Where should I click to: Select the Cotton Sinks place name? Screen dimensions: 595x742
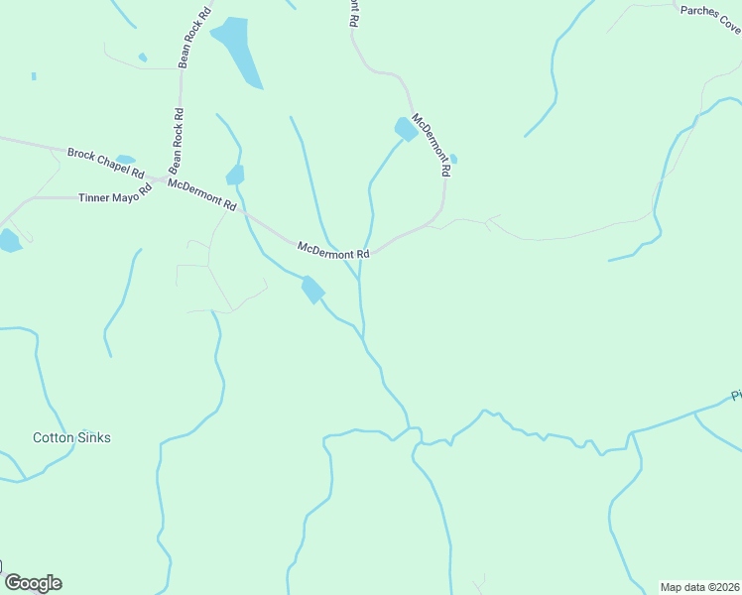click(71, 437)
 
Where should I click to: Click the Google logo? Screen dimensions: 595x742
click(33, 583)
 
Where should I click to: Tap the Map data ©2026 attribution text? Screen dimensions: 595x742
click(699, 586)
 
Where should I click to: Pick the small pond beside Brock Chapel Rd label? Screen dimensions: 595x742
click(125, 159)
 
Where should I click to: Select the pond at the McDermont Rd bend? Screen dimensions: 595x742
click(406, 129)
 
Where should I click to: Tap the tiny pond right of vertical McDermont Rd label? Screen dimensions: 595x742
click(453, 159)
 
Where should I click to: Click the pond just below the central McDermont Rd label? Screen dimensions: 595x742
click(312, 289)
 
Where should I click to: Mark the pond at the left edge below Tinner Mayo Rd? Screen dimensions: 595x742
click(8, 240)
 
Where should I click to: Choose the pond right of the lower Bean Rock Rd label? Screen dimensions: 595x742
click(235, 176)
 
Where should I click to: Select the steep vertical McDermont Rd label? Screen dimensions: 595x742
click(433, 145)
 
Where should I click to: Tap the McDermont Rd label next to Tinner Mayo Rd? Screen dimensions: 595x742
click(202, 194)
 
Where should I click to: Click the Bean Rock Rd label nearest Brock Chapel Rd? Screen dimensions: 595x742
click(177, 139)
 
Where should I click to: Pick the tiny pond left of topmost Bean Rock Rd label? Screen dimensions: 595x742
click(143, 58)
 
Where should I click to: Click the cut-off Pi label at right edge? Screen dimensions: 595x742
click(736, 396)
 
